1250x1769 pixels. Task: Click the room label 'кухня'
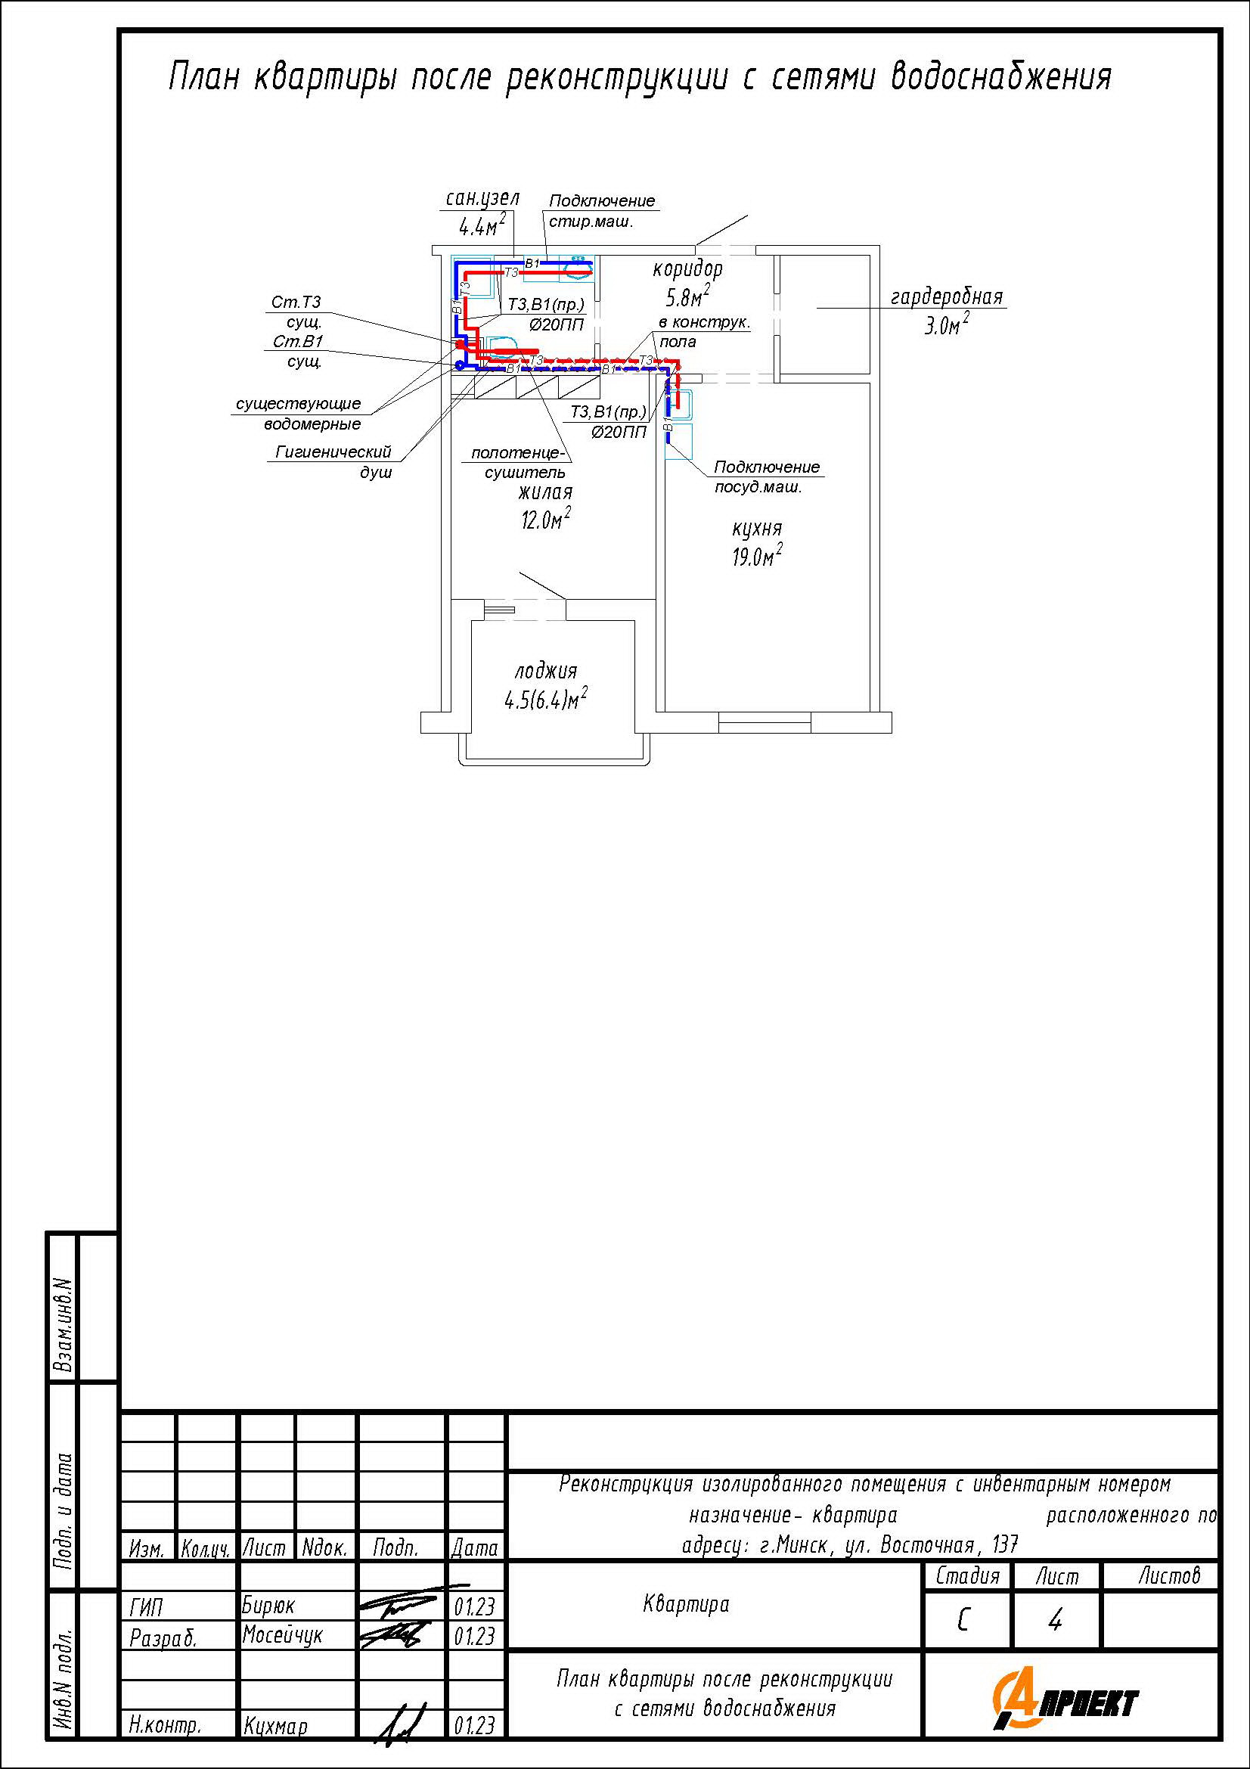[x=756, y=529]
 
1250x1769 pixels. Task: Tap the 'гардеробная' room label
[x=947, y=296]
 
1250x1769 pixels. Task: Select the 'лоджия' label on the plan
[x=546, y=671]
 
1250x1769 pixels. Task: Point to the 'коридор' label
[x=688, y=269]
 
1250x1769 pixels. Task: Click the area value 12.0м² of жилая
[x=546, y=520]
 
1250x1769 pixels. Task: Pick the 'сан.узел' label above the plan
[x=483, y=199]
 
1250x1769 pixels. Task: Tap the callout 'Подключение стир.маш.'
[x=601, y=211]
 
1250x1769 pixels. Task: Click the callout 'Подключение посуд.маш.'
[x=766, y=477]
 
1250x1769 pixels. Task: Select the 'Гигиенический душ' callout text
[x=333, y=461]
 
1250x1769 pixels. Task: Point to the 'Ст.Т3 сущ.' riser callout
[x=296, y=312]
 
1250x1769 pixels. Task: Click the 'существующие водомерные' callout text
[x=299, y=414]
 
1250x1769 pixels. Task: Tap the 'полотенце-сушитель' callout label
[x=518, y=462]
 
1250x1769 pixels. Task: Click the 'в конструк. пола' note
[x=704, y=332]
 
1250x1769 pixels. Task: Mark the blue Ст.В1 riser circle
[x=460, y=365]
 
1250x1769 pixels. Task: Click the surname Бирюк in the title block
[x=268, y=1606]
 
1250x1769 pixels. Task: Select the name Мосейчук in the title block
[x=282, y=1635]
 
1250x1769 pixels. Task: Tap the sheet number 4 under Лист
[x=1055, y=1620]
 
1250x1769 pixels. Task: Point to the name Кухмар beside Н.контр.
[x=275, y=1725]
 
